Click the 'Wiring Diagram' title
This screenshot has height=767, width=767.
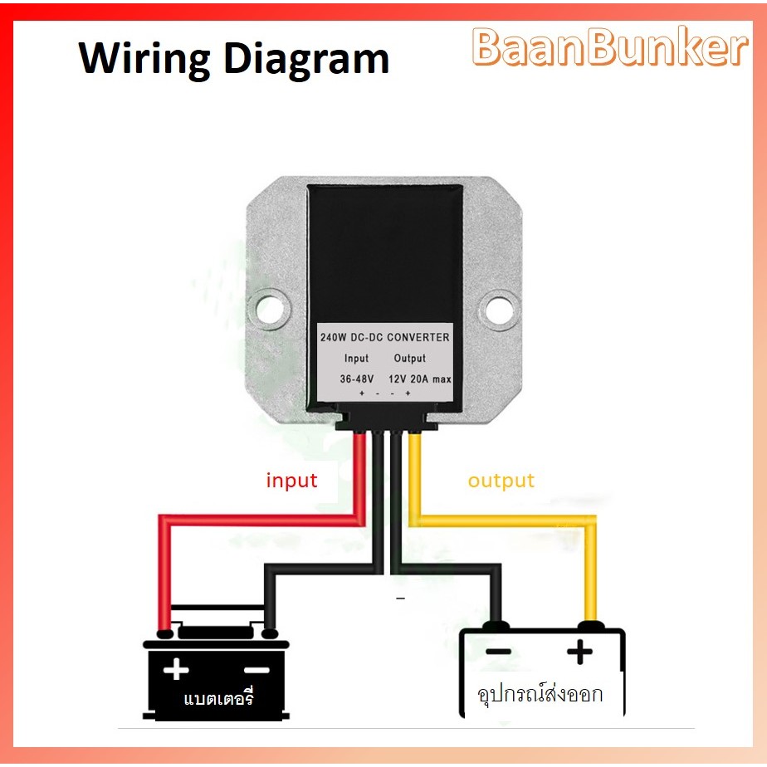(x=233, y=60)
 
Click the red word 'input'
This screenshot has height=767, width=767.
(x=291, y=481)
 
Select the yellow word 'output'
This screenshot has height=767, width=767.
(x=501, y=481)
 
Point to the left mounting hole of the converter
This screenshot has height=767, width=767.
(x=271, y=309)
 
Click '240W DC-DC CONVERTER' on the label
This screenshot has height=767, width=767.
(x=384, y=337)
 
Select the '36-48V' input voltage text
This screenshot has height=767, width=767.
(x=357, y=379)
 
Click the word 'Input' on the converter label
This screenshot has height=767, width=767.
(x=357, y=359)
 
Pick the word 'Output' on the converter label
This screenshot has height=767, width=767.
(x=409, y=359)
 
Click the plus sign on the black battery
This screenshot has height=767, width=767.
(x=176, y=669)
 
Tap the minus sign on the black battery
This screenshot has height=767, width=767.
(x=256, y=669)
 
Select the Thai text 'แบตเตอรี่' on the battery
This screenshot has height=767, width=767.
(x=217, y=699)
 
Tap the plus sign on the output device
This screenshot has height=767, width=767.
(x=579, y=652)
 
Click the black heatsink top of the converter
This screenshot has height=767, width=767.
(x=384, y=249)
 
